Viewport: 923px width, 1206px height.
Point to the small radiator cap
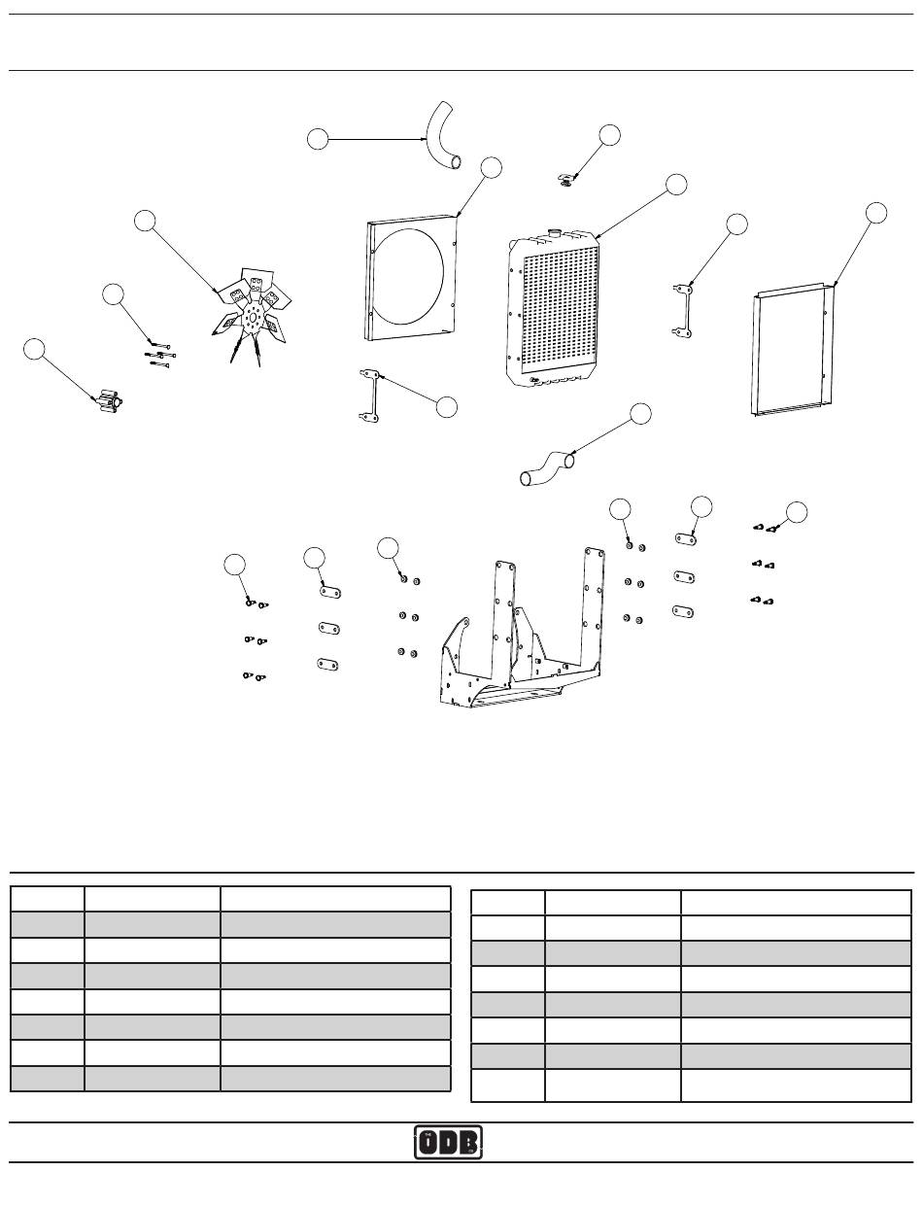565,178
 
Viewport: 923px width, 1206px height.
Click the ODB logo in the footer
449,1142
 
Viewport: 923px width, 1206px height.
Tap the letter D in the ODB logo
449,1143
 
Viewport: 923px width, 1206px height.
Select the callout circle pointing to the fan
145,221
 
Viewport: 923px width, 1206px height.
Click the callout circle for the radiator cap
609,135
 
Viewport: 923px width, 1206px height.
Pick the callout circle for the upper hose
317,139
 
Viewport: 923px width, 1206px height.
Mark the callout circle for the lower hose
640,414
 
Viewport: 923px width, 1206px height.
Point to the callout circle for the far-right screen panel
875,213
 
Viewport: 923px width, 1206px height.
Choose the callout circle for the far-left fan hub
34,350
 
